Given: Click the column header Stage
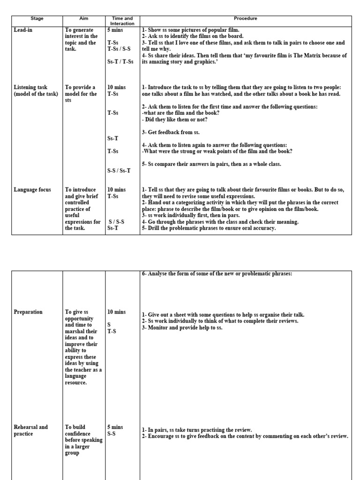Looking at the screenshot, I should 37,18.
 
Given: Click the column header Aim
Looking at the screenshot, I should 84,18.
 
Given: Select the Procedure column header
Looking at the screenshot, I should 246,18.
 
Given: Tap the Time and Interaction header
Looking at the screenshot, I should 122,21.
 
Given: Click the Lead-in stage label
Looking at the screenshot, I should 23,30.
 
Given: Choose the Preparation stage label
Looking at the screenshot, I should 28,312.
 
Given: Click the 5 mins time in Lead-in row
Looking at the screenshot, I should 115,30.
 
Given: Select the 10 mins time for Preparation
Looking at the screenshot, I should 117,312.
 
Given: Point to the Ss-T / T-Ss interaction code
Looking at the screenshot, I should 120,61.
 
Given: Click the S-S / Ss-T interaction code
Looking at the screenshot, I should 119,171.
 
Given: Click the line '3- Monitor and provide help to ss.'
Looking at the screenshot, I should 182,327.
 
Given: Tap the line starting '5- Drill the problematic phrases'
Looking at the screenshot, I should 209,228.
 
